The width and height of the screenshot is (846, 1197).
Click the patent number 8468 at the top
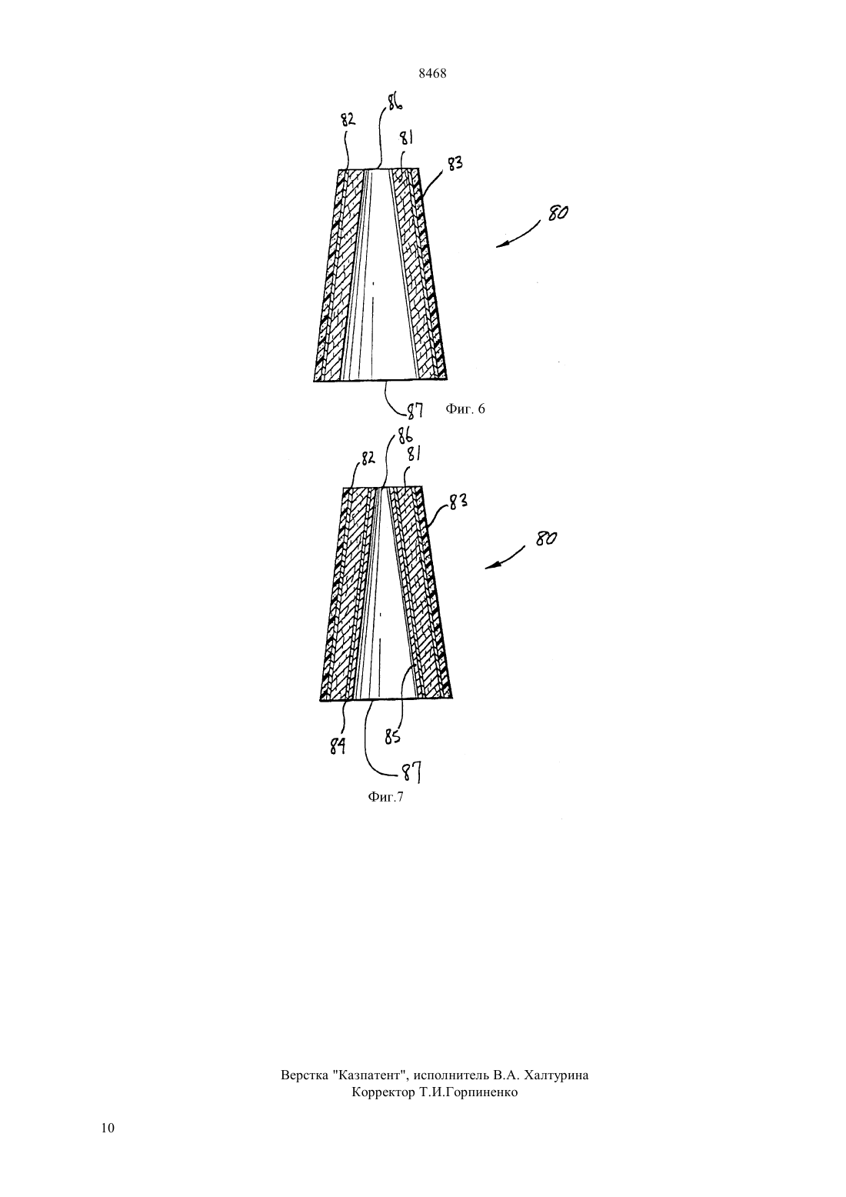click(x=432, y=74)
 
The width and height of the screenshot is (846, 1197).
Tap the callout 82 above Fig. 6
click(x=348, y=120)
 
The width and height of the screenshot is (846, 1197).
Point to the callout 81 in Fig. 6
click(x=407, y=138)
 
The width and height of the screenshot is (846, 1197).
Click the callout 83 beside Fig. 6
click(x=455, y=164)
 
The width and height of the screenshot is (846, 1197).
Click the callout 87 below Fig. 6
click(x=415, y=410)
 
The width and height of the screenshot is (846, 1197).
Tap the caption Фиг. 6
click(x=465, y=409)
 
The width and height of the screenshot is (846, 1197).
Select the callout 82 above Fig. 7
click(x=368, y=458)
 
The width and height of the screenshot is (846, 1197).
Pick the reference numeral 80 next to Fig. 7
click(x=546, y=538)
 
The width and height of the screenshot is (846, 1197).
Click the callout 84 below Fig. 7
click(x=338, y=745)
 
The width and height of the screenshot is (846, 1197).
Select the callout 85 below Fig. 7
click(x=392, y=738)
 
